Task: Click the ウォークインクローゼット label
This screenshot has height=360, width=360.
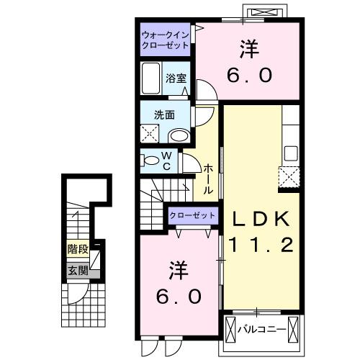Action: point(165,40)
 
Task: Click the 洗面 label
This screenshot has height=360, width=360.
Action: point(165,114)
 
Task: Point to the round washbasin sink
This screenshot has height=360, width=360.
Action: point(178,135)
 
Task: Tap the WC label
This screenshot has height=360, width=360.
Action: point(166,161)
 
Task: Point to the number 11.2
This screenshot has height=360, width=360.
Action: point(260,246)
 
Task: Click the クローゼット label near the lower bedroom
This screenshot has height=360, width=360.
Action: point(192,215)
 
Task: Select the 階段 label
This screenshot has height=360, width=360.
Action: point(77,250)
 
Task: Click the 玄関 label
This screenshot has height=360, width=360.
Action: point(78,271)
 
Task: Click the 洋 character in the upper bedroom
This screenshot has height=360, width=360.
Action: point(249,50)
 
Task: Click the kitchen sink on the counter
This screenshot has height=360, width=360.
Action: point(292,153)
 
